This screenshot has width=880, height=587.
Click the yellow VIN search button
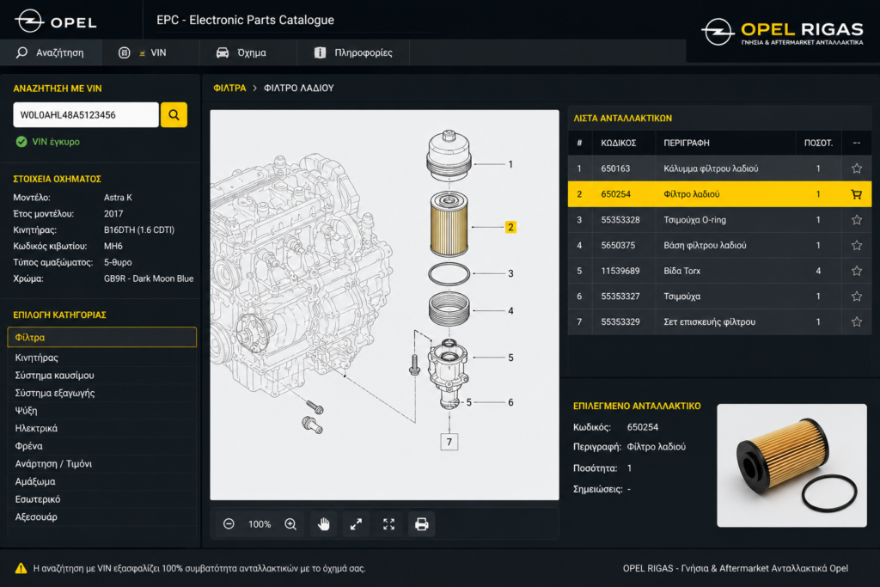[174, 115]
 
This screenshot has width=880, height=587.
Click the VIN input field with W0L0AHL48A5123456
[86, 115]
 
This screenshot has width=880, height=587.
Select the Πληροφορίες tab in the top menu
[353, 52]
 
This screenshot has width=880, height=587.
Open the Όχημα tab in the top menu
[241, 52]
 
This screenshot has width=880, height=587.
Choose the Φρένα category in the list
[28, 446]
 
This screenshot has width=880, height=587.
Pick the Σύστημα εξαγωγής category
[54, 393]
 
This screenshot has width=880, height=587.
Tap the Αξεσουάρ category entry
[36, 517]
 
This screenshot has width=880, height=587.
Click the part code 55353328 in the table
[620, 220]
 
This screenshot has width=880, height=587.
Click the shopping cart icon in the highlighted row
[857, 194]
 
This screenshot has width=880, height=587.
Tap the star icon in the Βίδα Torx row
[857, 271]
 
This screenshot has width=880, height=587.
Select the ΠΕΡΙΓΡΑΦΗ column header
[687, 144]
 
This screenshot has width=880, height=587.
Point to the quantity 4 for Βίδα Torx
[818, 271]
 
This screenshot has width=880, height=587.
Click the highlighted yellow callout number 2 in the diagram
[510, 227]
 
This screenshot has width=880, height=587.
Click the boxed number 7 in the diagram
[449, 443]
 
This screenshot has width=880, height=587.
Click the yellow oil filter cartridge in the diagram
[449, 224]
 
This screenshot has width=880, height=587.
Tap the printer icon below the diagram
[421, 524]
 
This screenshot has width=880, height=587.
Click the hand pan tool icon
[324, 524]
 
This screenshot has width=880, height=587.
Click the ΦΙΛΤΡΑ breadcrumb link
[229, 89]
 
